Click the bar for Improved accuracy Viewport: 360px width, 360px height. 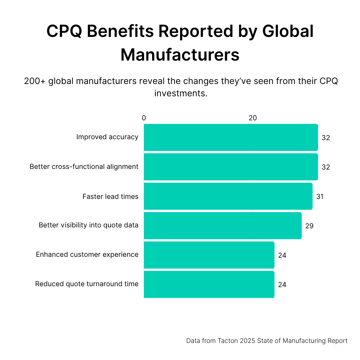[231, 137]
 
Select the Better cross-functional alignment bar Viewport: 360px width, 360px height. [231, 167]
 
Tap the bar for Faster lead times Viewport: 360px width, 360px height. [228, 196]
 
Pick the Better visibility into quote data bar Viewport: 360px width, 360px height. [223, 226]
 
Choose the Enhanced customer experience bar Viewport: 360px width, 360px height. [209, 255]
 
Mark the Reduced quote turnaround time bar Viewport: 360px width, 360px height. [209, 284]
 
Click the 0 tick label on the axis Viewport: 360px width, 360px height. [144, 118]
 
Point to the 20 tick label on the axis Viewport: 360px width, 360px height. [253, 118]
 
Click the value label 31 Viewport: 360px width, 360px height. [320, 196]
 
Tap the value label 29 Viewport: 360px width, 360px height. [309, 226]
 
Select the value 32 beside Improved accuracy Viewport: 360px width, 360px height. [326, 138]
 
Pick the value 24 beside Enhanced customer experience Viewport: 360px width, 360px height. [282, 255]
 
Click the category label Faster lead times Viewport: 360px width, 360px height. [110, 196]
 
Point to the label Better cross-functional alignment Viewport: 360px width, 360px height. [84, 166]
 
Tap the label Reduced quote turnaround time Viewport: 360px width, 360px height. [87, 284]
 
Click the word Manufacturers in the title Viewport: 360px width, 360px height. [180, 55]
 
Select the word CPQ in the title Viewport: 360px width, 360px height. [64, 31]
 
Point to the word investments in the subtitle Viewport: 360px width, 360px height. [181, 93]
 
